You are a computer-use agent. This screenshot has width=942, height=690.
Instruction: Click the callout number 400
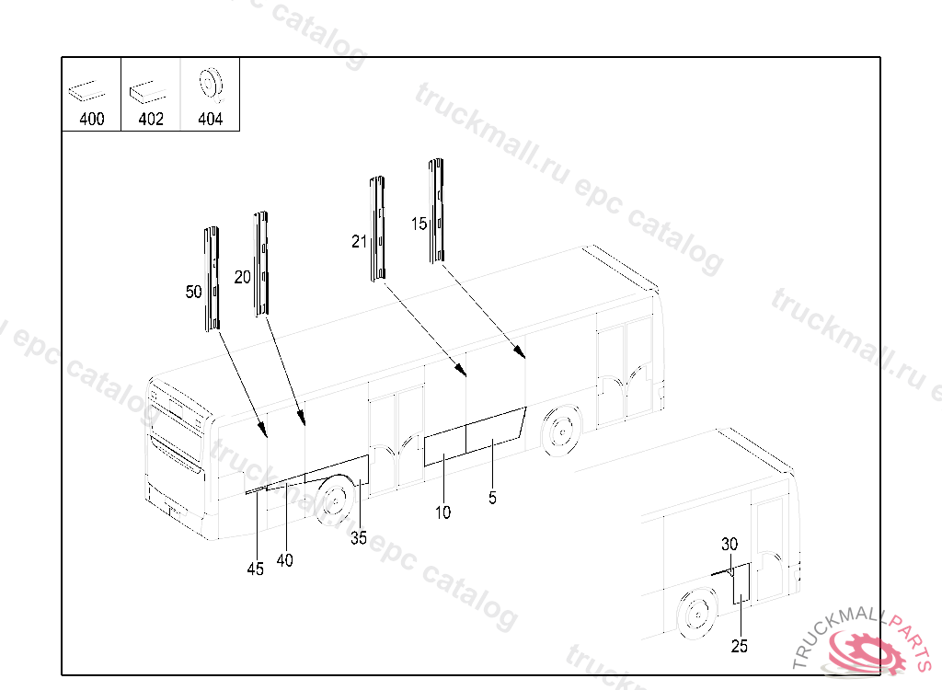[x=92, y=119]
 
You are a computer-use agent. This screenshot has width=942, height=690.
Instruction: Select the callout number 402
[x=151, y=119]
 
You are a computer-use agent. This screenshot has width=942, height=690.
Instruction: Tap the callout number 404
[x=211, y=119]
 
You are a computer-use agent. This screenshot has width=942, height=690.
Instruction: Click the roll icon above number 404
[x=211, y=84]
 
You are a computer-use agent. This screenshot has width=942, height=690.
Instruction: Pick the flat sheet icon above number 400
[x=86, y=91]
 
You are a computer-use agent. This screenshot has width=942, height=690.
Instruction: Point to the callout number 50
[x=193, y=292]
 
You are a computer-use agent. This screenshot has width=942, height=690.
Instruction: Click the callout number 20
[x=242, y=277]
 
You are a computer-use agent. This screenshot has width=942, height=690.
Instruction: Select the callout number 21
[x=359, y=242]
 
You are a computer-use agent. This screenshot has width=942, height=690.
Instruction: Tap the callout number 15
[x=419, y=224]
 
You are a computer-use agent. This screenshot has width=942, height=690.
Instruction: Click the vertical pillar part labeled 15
[x=436, y=211]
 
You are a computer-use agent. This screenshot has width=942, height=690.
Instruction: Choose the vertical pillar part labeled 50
[x=212, y=279]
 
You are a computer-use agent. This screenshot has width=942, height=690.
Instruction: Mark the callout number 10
[x=442, y=512]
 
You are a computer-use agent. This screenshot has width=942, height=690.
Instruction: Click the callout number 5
[x=493, y=498]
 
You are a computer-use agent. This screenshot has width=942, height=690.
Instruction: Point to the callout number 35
[x=359, y=538]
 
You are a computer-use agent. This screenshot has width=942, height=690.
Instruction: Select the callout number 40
[x=285, y=560]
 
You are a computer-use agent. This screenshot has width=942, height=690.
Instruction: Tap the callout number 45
[x=256, y=569]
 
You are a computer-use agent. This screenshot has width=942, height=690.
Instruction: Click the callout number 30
[x=729, y=544]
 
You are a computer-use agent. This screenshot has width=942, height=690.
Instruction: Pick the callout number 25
[x=740, y=646]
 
